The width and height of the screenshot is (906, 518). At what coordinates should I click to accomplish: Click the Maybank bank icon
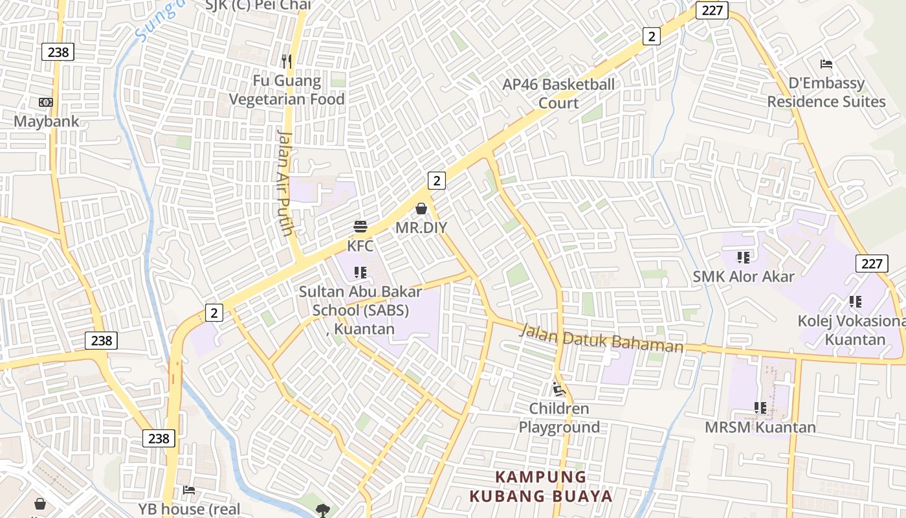pos(45,102)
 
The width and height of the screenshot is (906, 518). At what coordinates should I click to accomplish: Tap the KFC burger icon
pos(360,227)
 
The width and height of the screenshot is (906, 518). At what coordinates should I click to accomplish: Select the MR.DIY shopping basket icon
pos(421,208)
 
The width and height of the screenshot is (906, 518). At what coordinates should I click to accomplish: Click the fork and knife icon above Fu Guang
pos(287,62)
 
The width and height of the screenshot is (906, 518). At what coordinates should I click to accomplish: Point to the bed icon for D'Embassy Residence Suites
pos(826,64)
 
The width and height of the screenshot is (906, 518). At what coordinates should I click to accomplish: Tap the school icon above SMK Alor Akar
pos(744,258)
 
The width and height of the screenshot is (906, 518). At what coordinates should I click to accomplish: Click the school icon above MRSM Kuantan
pos(760,408)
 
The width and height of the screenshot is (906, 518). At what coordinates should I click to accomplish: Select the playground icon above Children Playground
pos(559,389)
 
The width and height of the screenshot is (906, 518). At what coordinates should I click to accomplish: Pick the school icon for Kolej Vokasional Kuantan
pos(856,302)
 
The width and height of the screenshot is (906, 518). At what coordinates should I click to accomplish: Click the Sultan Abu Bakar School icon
pos(360,273)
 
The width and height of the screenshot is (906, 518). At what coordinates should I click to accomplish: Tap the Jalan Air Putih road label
pos(285,183)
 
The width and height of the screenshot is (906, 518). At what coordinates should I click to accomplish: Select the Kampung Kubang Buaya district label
pos(540,487)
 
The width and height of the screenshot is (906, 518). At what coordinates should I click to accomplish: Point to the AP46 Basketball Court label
pos(559,93)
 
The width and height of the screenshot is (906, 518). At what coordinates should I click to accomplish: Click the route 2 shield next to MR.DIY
pos(437,181)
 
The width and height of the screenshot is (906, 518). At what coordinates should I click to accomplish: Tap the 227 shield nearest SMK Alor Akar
pos(872,264)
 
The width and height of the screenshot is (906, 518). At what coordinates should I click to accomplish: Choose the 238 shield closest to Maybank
pos(58,52)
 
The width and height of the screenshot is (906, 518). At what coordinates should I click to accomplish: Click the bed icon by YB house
pos(189,490)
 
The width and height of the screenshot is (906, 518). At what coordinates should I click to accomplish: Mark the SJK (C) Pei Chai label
pos(258,5)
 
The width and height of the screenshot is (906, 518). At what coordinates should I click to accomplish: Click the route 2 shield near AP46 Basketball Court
pos(651,37)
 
